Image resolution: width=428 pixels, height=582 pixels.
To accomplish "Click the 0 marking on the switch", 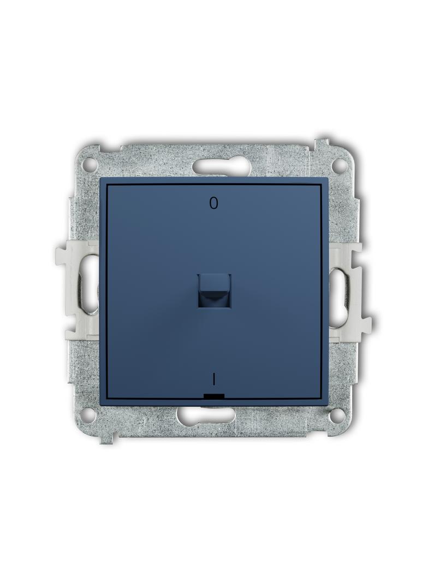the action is click(213, 204).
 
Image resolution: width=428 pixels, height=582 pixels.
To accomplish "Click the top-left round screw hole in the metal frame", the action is click(89, 164).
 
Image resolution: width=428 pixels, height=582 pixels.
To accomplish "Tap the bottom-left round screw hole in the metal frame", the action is click(89, 413).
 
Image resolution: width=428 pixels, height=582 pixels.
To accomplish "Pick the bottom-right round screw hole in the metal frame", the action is click(337, 413).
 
